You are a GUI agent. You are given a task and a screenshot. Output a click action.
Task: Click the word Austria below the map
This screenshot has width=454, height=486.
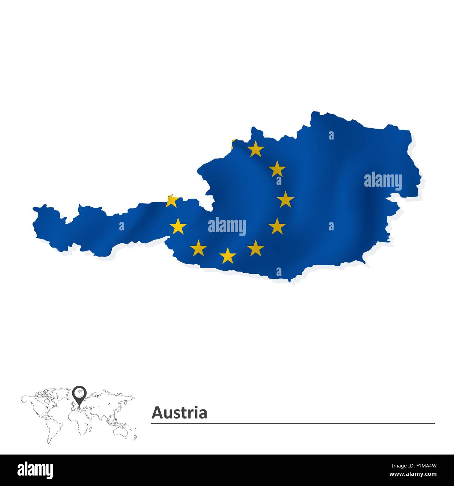179,413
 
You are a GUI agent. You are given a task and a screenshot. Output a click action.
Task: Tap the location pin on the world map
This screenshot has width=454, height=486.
80,394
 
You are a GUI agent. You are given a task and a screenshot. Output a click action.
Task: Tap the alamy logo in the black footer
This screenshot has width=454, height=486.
35,470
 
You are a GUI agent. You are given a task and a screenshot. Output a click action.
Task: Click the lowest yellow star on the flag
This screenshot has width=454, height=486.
228,255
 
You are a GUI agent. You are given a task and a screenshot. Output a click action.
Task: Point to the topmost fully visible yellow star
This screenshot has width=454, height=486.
256,149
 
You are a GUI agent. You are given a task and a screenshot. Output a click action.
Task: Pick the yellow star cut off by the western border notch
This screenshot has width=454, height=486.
172,201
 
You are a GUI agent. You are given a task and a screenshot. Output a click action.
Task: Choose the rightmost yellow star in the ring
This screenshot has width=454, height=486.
285,199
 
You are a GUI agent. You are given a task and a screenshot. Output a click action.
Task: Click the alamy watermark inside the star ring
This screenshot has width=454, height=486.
227,226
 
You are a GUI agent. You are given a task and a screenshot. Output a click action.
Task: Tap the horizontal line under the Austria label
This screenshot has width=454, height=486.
293,423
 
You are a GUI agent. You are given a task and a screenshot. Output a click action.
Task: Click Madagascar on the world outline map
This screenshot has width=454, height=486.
92,428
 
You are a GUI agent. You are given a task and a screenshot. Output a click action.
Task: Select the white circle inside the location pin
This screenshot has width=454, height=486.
80,392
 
